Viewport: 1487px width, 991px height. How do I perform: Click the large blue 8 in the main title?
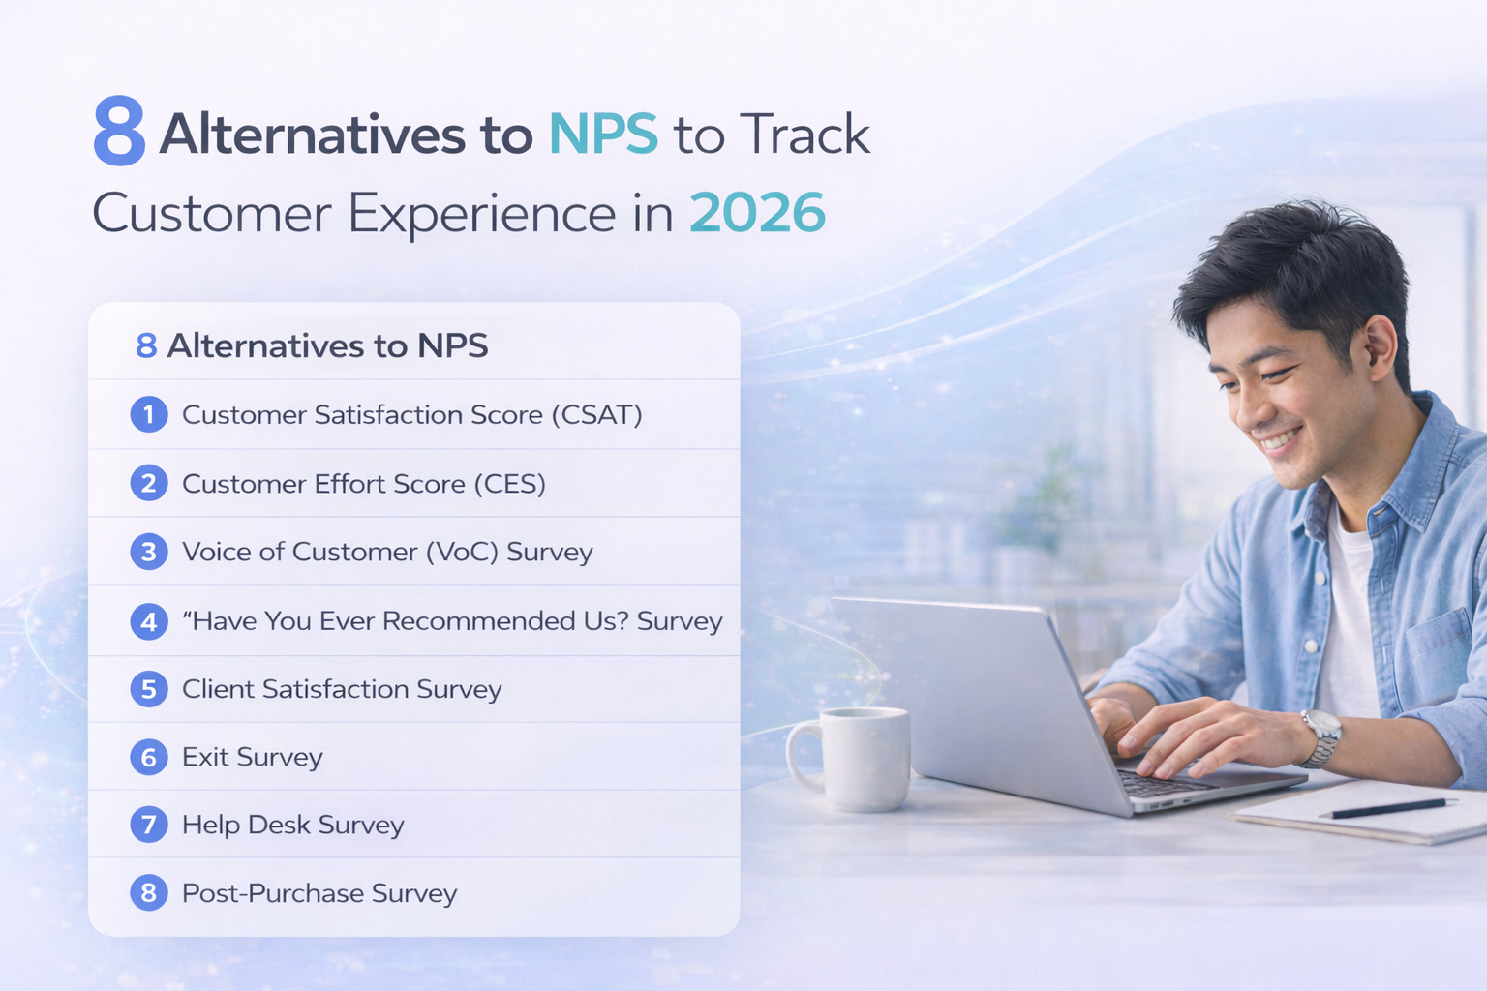tap(119, 132)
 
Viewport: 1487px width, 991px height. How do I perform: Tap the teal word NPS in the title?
tap(603, 134)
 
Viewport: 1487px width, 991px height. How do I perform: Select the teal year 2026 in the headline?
tap(757, 213)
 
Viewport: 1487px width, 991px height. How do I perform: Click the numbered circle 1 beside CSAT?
tap(149, 414)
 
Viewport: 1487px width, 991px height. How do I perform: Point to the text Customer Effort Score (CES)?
tap(363, 483)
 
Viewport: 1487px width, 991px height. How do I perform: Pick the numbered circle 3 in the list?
tap(149, 552)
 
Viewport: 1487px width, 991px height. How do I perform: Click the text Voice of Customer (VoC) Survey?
tap(387, 552)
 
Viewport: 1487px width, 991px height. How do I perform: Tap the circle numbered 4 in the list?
tap(149, 620)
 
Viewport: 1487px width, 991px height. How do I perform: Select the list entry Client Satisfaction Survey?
tap(342, 689)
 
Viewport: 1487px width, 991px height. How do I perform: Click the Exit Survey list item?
tap(252, 757)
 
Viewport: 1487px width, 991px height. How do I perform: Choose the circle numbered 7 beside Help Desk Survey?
tap(149, 825)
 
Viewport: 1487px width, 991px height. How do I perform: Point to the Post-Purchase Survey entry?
tap(319, 893)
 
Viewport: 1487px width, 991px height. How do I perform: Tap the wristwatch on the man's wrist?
tap(1320, 737)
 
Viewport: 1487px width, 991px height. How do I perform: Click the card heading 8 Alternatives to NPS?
tap(312, 345)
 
